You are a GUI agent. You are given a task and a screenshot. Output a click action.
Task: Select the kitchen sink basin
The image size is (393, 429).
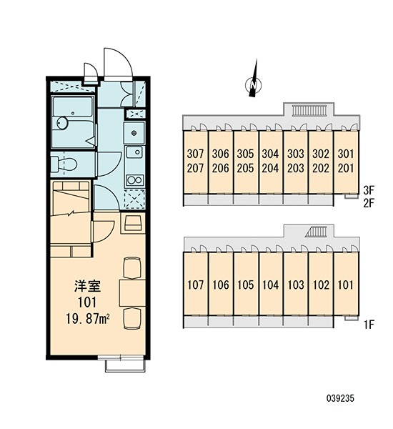(x=134, y=152)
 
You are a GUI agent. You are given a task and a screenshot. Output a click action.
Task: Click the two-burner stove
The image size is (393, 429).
(x=134, y=180)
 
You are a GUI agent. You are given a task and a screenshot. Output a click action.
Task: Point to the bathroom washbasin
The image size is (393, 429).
(x=62, y=122)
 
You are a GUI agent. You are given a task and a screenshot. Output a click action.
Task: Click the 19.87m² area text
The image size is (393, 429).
(x=87, y=319)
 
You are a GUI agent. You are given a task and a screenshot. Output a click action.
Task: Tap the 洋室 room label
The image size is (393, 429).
(x=87, y=286)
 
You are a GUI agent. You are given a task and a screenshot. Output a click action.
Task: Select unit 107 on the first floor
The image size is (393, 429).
(x=196, y=285)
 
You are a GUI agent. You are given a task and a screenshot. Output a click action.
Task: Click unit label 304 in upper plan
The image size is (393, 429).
(x=270, y=154)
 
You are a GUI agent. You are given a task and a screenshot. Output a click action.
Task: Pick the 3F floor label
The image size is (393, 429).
(x=369, y=189)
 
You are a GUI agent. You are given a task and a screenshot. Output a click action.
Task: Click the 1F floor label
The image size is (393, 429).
(x=369, y=325)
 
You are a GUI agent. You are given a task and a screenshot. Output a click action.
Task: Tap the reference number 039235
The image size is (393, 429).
(x=340, y=398)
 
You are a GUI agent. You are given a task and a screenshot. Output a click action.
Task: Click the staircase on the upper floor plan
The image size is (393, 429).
(x=309, y=110)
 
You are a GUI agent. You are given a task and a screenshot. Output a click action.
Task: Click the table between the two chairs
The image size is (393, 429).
(x=132, y=293)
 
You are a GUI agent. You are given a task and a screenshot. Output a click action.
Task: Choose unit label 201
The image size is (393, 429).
(x=346, y=168)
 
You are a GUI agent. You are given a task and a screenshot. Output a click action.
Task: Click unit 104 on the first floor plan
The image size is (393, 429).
(x=271, y=285)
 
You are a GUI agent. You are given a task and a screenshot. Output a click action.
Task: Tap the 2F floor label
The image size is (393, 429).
(x=369, y=203)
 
